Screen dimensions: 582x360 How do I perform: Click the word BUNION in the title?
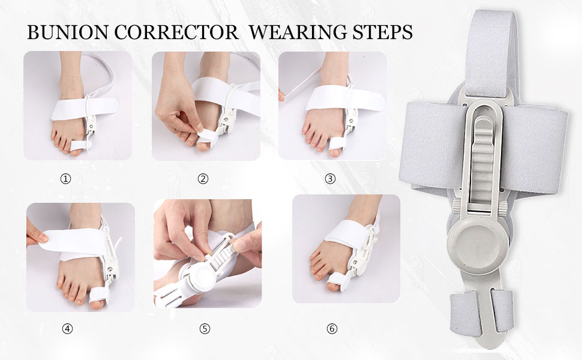coord(68,32)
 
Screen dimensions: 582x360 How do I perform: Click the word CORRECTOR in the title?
coord(176,32)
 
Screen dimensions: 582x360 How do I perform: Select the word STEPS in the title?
coord(383,32)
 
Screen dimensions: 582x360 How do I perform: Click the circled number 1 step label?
coord(65,179)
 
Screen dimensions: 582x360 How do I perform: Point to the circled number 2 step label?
coord(203,179)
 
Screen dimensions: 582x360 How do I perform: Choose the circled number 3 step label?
coord(330,179)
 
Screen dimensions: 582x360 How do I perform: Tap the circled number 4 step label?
coord(67,329)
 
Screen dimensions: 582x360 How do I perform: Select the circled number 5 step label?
coord(205,329)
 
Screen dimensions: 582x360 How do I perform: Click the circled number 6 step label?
coord(332,329)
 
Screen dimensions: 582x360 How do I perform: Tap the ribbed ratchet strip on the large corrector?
coord(482,160)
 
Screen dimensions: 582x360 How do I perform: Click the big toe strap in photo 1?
coord(80,145)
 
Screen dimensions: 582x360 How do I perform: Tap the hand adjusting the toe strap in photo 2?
coord(178,107)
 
